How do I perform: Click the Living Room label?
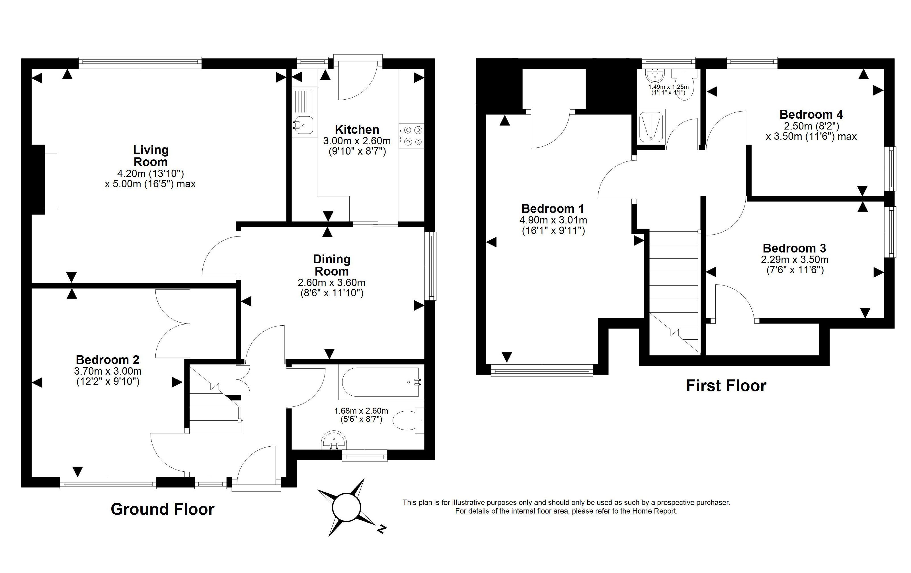151,156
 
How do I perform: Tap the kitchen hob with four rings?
412,136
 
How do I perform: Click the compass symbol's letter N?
382,529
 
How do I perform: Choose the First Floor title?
726,386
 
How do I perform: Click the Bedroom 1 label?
553,209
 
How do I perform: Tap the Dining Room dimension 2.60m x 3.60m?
331,283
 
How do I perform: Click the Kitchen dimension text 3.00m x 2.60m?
357,141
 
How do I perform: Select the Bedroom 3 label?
795,248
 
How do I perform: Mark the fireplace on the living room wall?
45,180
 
